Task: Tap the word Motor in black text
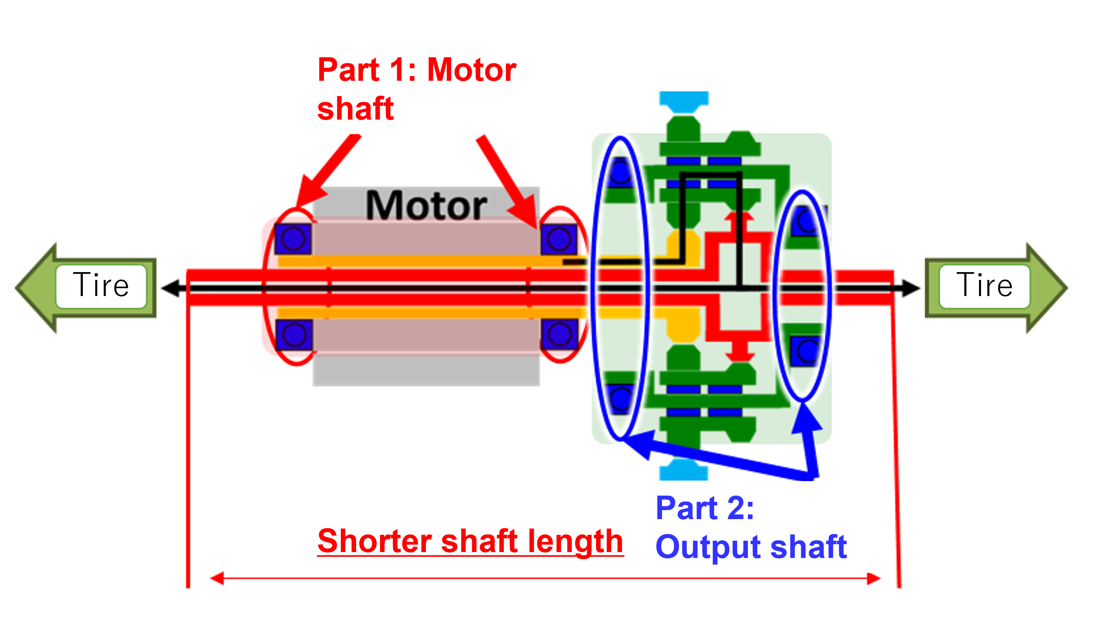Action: coord(426,205)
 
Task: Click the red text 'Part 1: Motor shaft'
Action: coord(417,89)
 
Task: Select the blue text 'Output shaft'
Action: coord(751,547)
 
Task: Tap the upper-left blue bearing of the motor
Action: coord(293,239)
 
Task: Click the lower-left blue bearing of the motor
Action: coord(294,334)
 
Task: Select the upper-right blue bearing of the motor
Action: coord(559,239)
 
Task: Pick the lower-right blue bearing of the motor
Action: coord(559,334)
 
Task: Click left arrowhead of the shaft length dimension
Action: coord(217,578)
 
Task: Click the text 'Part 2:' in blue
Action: coord(704,508)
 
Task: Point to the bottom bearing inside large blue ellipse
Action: coord(620,398)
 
